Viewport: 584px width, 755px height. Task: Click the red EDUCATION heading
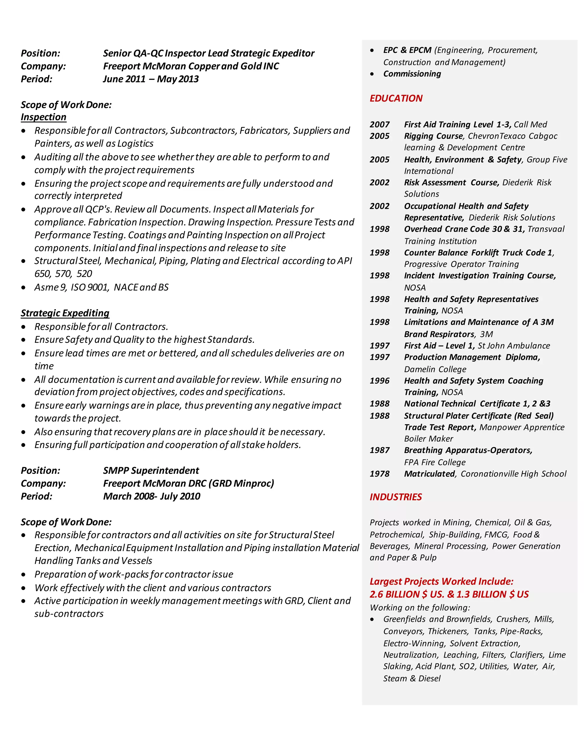pos(396,99)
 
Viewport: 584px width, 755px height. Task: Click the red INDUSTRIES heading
pos(396,497)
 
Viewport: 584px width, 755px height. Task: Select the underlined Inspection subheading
pos(43,117)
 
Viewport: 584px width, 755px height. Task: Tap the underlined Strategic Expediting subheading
pos(65,313)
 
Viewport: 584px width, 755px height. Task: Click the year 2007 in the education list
pos(380,125)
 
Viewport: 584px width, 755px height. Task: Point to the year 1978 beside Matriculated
pos(380,474)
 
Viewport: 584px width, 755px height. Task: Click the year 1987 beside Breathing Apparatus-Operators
pos(380,450)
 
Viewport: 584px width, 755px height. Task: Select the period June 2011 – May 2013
pos(151,79)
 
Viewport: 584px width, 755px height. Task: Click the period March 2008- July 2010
pos(151,496)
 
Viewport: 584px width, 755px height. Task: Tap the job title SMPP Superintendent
pos(151,470)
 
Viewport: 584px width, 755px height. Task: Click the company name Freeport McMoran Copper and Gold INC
pos(191,66)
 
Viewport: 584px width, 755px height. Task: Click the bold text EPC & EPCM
pos(407,50)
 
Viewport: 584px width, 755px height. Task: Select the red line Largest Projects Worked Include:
pos(441,581)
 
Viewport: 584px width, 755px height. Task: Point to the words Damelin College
pos(435,370)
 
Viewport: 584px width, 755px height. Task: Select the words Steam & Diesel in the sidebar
pos(412,679)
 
